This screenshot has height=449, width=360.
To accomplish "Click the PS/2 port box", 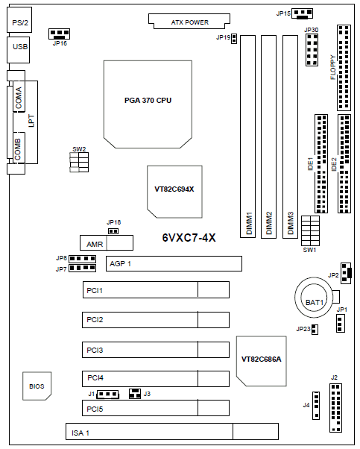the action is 19,19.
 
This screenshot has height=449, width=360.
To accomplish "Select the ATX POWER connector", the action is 189,21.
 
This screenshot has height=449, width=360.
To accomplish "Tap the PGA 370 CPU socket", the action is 148,104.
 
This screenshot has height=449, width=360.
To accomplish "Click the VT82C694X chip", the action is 174,192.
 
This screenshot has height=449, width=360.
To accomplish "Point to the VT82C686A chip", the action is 262,361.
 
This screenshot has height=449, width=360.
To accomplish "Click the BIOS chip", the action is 37,386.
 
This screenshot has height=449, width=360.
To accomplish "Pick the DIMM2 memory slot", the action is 269,136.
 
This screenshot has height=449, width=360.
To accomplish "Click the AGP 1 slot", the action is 174,263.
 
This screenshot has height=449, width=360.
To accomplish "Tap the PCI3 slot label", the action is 95,350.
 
